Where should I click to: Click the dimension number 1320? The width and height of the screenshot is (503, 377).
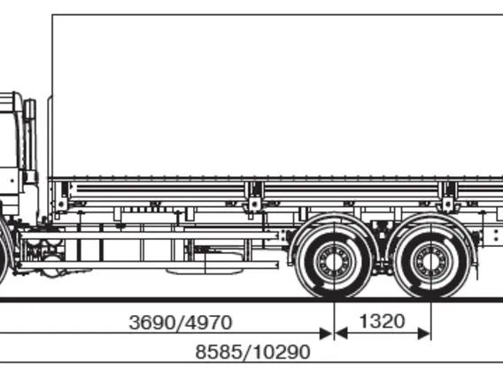click(x=382, y=321)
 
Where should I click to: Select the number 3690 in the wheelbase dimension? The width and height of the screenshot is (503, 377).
click(x=152, y=322)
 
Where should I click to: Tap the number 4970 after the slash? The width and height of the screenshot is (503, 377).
click(x=208, y=322)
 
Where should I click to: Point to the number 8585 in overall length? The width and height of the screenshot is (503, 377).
click(x=219, y=352)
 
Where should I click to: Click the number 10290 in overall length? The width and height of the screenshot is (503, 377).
click(x=282, y=352)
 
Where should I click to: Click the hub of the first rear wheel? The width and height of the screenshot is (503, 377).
click(x=334, y=261)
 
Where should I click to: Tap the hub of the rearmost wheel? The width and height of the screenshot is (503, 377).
click(x=431, y=261)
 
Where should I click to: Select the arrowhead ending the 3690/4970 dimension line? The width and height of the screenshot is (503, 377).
click(x=326, y=334)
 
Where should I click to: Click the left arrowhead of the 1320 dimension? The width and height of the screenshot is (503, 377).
click(x=342, y=334)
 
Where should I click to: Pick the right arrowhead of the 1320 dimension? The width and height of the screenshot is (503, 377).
click(x=423, y=334)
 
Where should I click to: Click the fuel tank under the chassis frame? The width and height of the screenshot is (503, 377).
click(x=205, y=263)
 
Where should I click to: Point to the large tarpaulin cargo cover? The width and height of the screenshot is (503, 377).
click(x=277, y=96)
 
